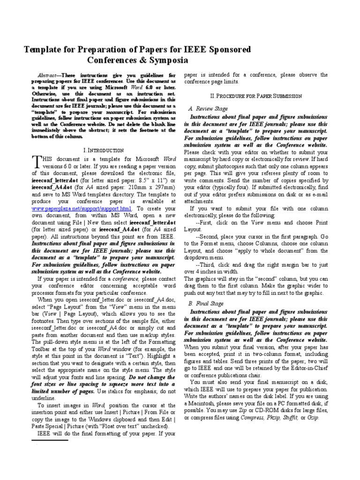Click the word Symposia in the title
coord(167,60)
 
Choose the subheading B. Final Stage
coord(206,303)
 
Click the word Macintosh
coord(206,404)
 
